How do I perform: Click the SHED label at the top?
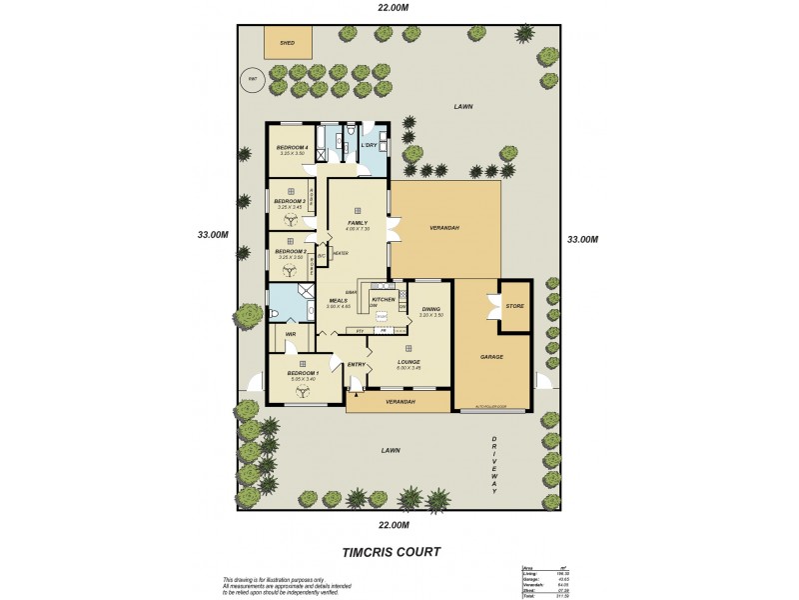(x=287, y=44)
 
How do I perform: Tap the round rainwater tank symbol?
(x=253, y=79)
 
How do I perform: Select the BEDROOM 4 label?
(x=292, y=148)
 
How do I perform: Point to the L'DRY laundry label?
(x=369, y=146)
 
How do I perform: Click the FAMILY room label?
(x=357, y=223)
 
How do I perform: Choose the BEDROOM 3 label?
(x=289, y=201)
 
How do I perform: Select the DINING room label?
(x=430, y=309)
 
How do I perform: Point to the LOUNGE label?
(x=407, y=362)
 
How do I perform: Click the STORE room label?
(x=514, y=306)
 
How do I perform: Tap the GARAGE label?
(x=490, y=356)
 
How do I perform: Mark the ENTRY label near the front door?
(x=357, y=364)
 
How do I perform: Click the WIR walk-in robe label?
(x=291, y=334)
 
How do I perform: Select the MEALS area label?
(x=338, y=300)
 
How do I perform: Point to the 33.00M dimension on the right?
(x=582, y=239)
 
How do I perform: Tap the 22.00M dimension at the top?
(x=394, y=8)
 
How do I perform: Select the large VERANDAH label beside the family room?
(x=443, y=228)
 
